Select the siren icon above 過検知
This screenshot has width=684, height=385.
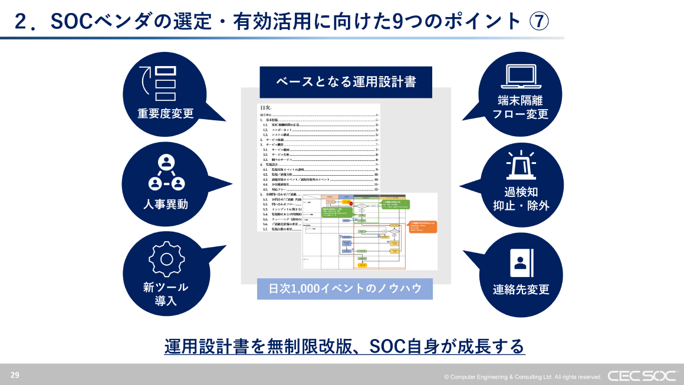(521, 165)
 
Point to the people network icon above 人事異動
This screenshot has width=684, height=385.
(166, 172)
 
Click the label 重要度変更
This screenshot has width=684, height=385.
(166, 113)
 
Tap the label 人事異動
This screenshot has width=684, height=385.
(166, 205)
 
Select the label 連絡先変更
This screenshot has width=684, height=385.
(521, 289)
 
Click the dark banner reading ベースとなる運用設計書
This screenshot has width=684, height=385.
(346, 82)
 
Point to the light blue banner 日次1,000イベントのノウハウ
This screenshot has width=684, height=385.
(345, 288)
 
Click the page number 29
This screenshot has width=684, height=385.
(15, 374)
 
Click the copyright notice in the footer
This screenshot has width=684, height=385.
(522, 377)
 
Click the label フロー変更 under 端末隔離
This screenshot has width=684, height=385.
(521, 114)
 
